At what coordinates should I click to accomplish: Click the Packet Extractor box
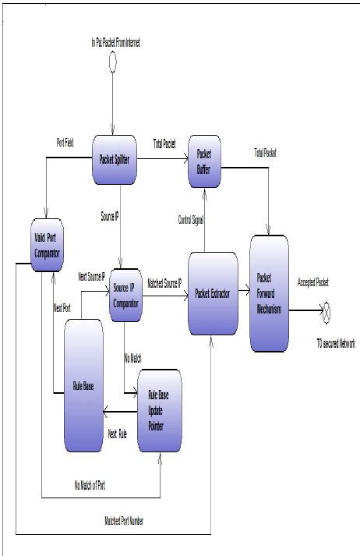coord(213,294)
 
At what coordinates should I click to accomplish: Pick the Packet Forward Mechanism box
coord(270,293)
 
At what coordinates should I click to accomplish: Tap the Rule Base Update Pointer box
coord(160,409)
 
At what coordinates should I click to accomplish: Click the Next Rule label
coord(118,434)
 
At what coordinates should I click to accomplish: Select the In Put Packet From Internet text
coord(115,41)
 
